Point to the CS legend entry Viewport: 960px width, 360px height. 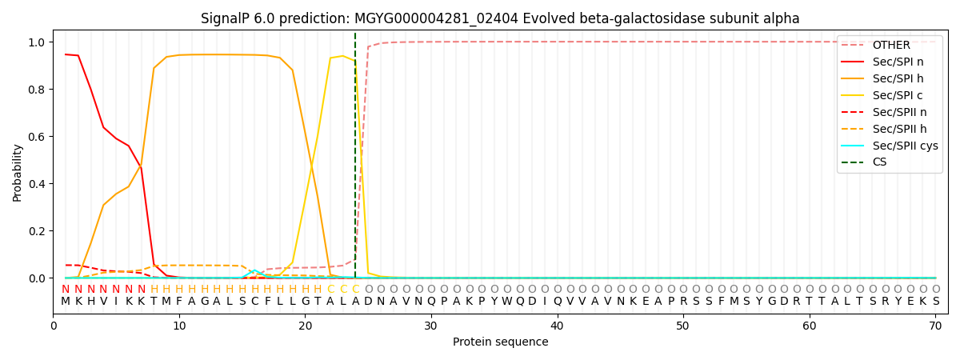(879, 162)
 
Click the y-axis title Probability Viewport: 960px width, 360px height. (18, 172)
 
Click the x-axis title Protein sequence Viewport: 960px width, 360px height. (500, 342)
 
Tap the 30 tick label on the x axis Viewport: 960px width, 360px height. (430, 326)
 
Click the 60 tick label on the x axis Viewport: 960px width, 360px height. (809, 326)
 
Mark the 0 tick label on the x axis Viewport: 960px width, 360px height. (53, 326)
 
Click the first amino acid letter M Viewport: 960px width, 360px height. (66, 302)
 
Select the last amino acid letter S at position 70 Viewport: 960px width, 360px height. (935, 302)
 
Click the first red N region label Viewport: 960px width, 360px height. (66, 289)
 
